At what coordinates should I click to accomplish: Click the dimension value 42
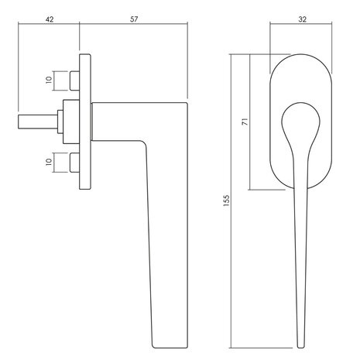coord(50,19)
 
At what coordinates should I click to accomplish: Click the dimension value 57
coord(134,19)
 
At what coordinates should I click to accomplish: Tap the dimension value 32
coord(302,19)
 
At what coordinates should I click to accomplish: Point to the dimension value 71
coord(245,122)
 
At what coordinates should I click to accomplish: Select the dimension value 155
coord(226,201)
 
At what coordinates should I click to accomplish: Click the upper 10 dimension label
coord(49,80)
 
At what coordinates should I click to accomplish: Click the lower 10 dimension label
coord(49,162)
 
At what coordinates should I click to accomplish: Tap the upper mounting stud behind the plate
coord(74,81)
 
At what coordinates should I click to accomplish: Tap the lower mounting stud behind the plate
coord(74,163)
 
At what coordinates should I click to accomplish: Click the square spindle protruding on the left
coord(38,122)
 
